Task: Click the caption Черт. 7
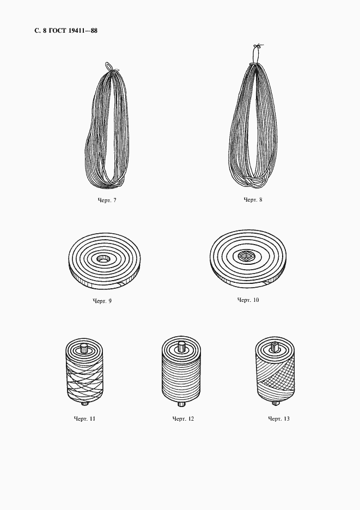(107, 201)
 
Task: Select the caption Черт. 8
(253, 200)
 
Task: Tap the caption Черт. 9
(102, 301)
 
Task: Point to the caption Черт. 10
(248, 300)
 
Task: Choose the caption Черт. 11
(84, 418)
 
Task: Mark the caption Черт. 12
(183, 418)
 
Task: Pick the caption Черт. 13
(279, 418)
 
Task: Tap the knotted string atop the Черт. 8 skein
(257, 52)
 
